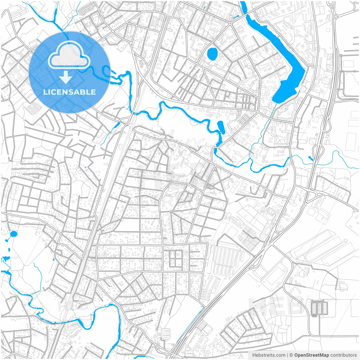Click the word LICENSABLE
(69, 92)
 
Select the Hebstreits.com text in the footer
(269, 355)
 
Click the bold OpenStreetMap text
(311, 355)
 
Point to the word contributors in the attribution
(343, 355)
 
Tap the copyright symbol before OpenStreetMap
(291, 355)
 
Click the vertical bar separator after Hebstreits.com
(287, 355)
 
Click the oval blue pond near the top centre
(212, 54)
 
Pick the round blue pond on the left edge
(13, 234)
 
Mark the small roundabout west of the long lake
(230, 23)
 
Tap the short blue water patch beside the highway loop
(310, 159)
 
